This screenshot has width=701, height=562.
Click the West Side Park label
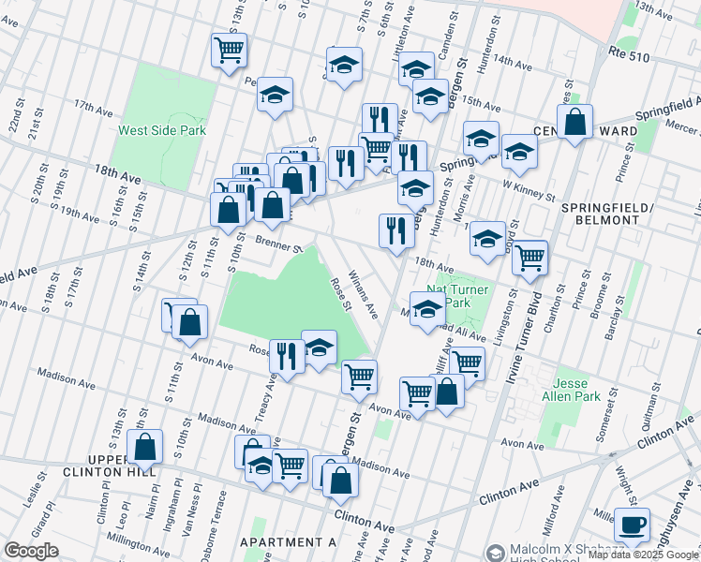pos(160,131)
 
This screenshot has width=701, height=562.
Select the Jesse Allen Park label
pos(576,391)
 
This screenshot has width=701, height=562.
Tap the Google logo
pos(31,551)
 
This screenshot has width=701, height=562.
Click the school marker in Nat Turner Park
pos(427,310)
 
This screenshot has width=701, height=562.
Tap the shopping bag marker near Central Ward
pos(575,122)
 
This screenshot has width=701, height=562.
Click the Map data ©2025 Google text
pos(642,555)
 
